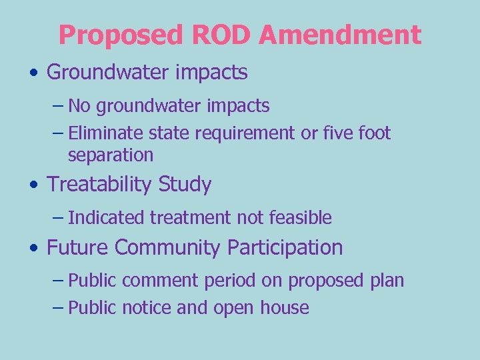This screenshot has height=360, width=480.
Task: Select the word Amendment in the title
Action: pos(340,35)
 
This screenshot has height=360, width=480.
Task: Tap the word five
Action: pos(336,133)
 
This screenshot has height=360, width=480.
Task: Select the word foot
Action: pos(374,133)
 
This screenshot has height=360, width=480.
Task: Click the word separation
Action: pos(111,155)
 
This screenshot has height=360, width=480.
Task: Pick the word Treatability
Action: pos(99,185)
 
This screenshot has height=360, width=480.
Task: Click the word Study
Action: pos(185,185)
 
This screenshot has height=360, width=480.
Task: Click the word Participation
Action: pos(285,247)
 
